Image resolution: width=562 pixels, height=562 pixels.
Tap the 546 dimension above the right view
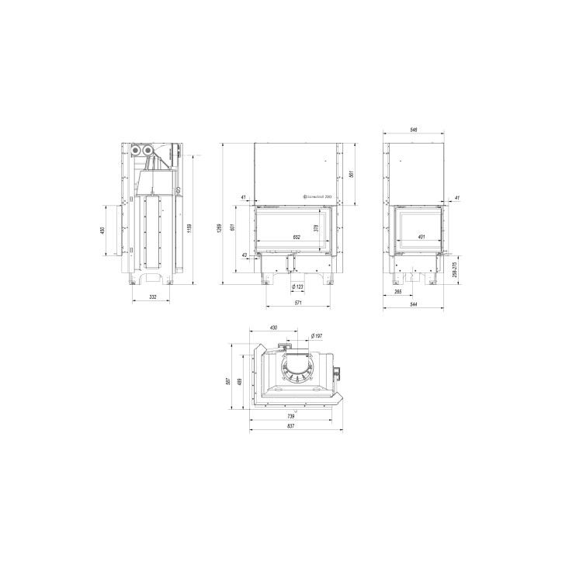[x=415, y=130]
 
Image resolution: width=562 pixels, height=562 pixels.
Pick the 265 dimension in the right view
[x=397, y=292]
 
